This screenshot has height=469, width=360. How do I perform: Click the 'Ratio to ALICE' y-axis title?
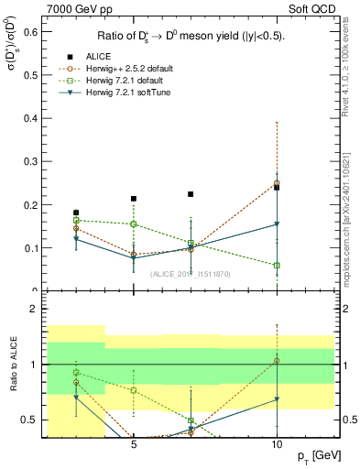[x=13, y=365]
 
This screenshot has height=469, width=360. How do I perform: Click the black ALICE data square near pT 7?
[x=191, y=194]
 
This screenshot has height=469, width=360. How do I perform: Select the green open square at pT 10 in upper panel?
[x=277, y=266]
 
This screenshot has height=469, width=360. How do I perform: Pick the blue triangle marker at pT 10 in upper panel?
[x=277, y=224]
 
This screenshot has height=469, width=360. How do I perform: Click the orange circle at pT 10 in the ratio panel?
[x=277, y=361]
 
